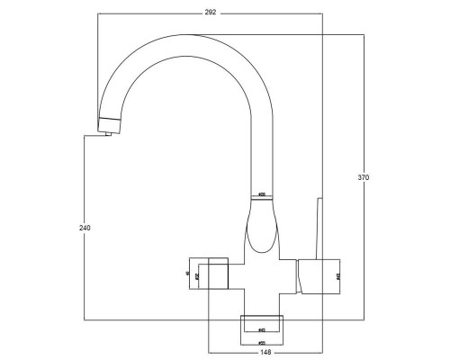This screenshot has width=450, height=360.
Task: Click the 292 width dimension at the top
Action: [x=211, y=12]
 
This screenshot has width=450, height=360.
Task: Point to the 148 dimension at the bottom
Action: [x=267, y=353]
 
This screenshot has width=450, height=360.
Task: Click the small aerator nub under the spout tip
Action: [x=107, y=134]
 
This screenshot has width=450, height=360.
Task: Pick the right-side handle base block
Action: [x=318, y=275]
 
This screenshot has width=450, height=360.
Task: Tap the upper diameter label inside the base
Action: [x=261, y=329]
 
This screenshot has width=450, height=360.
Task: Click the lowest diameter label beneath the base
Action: [x=261, y=342]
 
